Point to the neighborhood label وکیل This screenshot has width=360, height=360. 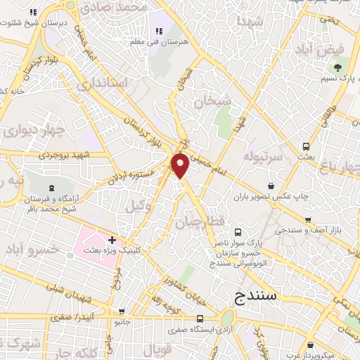139,206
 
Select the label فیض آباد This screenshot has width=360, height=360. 333,49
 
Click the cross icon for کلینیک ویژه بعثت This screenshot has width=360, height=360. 112,240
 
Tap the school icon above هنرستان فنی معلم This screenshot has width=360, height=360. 158,30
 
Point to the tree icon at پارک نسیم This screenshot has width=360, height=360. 337,67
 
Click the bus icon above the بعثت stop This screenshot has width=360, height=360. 306,147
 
